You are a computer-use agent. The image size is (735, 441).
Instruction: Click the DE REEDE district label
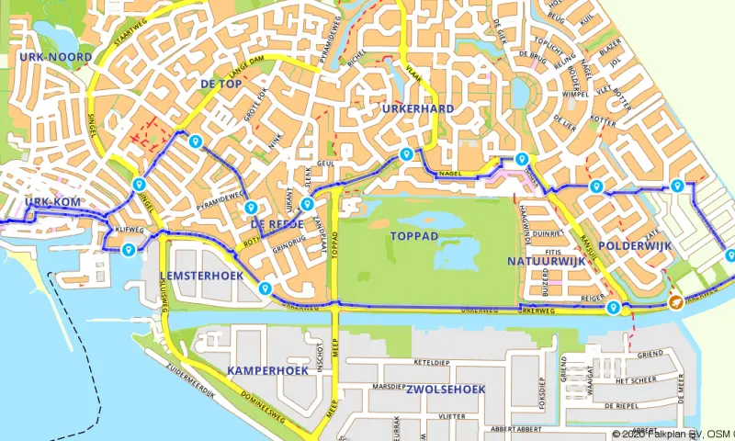(277, 223)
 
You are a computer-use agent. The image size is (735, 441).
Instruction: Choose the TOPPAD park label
(413, 236)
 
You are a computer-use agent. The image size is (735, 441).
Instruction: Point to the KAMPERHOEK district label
(266, 370)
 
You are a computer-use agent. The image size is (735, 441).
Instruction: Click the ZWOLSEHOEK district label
(445, 390)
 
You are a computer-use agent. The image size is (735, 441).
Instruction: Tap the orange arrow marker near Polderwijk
(676, 302)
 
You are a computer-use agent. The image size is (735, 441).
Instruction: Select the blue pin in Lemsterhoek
(266, 288)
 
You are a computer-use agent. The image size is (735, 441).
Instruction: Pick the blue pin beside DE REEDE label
(251, 207)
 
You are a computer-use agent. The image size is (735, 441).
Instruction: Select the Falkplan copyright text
(672, 434)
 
